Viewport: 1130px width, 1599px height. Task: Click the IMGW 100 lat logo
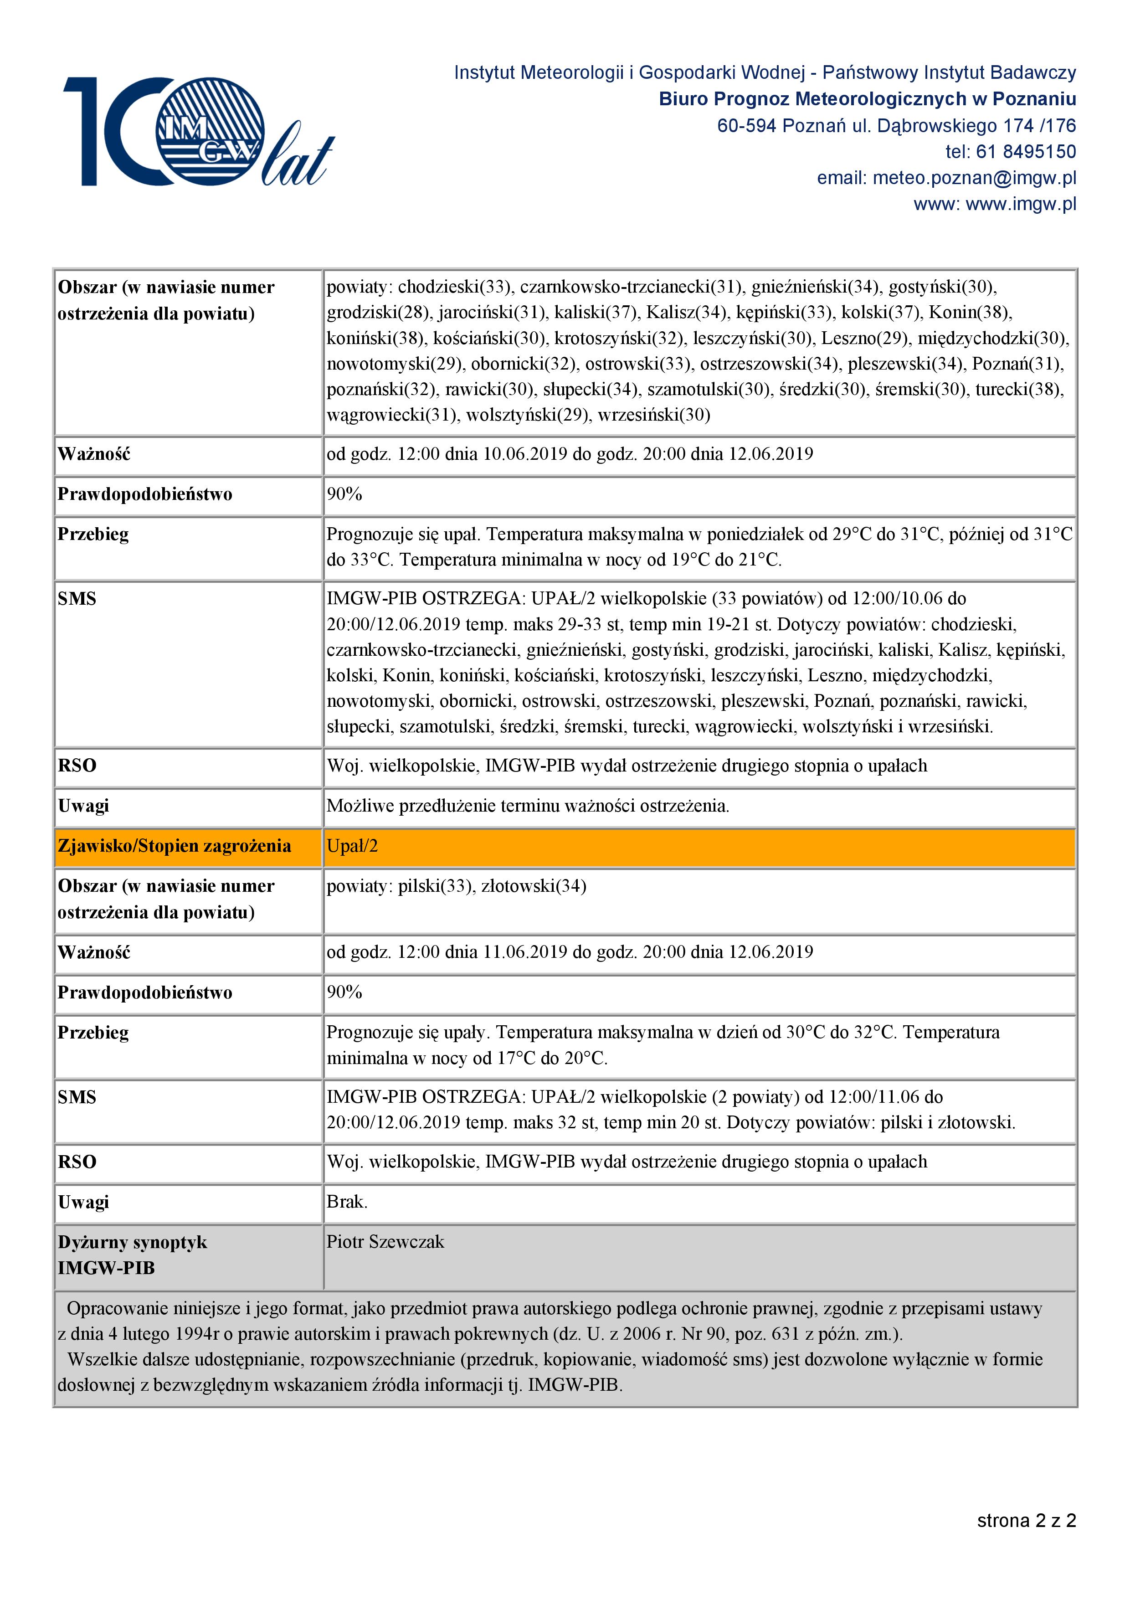198,132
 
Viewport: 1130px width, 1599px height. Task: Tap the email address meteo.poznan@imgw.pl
974,178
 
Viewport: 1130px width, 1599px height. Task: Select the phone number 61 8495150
1026,152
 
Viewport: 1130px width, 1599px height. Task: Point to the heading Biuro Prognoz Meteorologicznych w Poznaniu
867,100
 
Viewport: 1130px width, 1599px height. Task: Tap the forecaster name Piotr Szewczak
385,1242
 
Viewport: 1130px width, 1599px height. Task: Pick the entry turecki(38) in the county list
1019,389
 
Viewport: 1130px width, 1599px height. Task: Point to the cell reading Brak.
347,1202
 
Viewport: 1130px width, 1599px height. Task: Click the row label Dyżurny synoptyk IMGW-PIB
132,1255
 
